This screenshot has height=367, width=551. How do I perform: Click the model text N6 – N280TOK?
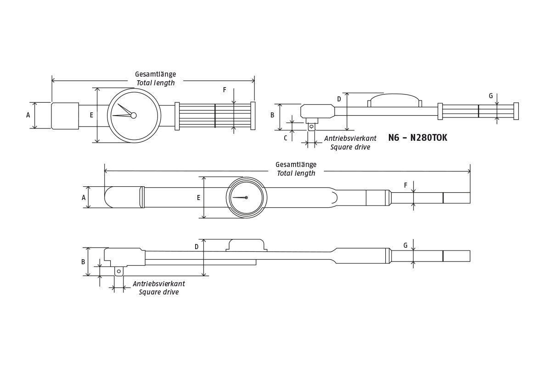[417, 138]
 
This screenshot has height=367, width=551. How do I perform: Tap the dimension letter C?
[285, 138]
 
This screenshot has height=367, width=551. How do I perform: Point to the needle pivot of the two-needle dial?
[134, 116]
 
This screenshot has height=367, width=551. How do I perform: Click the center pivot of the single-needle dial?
[247, 198]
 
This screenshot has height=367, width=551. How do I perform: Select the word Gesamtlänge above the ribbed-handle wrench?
[155, 74]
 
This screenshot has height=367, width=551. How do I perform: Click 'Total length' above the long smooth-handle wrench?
[296, 173]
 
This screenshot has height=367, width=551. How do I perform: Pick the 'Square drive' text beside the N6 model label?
[350, 147]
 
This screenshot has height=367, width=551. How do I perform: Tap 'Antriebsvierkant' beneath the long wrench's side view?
[159, 284]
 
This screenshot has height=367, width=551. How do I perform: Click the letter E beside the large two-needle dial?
[91, 116]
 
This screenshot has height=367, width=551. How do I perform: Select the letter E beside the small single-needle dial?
[199, 198]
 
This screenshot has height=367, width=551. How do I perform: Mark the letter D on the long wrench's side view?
[197, 247]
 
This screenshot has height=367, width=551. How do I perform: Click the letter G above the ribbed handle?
[491, 96]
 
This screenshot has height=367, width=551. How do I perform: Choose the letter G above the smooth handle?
[405, 246]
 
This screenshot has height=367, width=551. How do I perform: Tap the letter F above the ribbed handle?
[225, 90]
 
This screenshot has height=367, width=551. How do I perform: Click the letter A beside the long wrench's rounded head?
[84, 198]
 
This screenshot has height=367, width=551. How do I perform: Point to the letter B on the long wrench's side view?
[83, 262]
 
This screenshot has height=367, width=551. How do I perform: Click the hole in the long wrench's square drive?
[119, 272]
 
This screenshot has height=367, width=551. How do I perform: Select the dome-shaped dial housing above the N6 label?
[394, 100]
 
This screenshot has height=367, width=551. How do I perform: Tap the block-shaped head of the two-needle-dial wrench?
[65, 116]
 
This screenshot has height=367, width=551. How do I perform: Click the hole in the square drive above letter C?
[311, 127]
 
